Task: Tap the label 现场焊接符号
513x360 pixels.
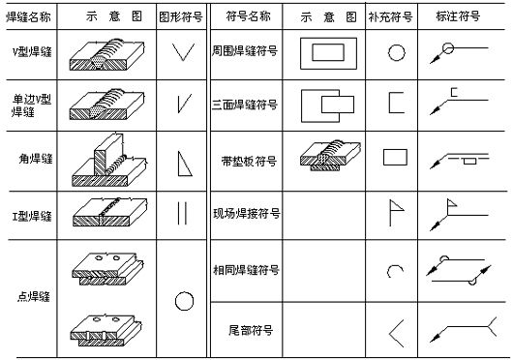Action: click(x=246, y=212)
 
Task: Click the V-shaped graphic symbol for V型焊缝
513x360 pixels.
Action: click(x=181, y=54)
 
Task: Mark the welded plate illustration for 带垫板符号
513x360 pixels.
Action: click(x=329, y=156)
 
